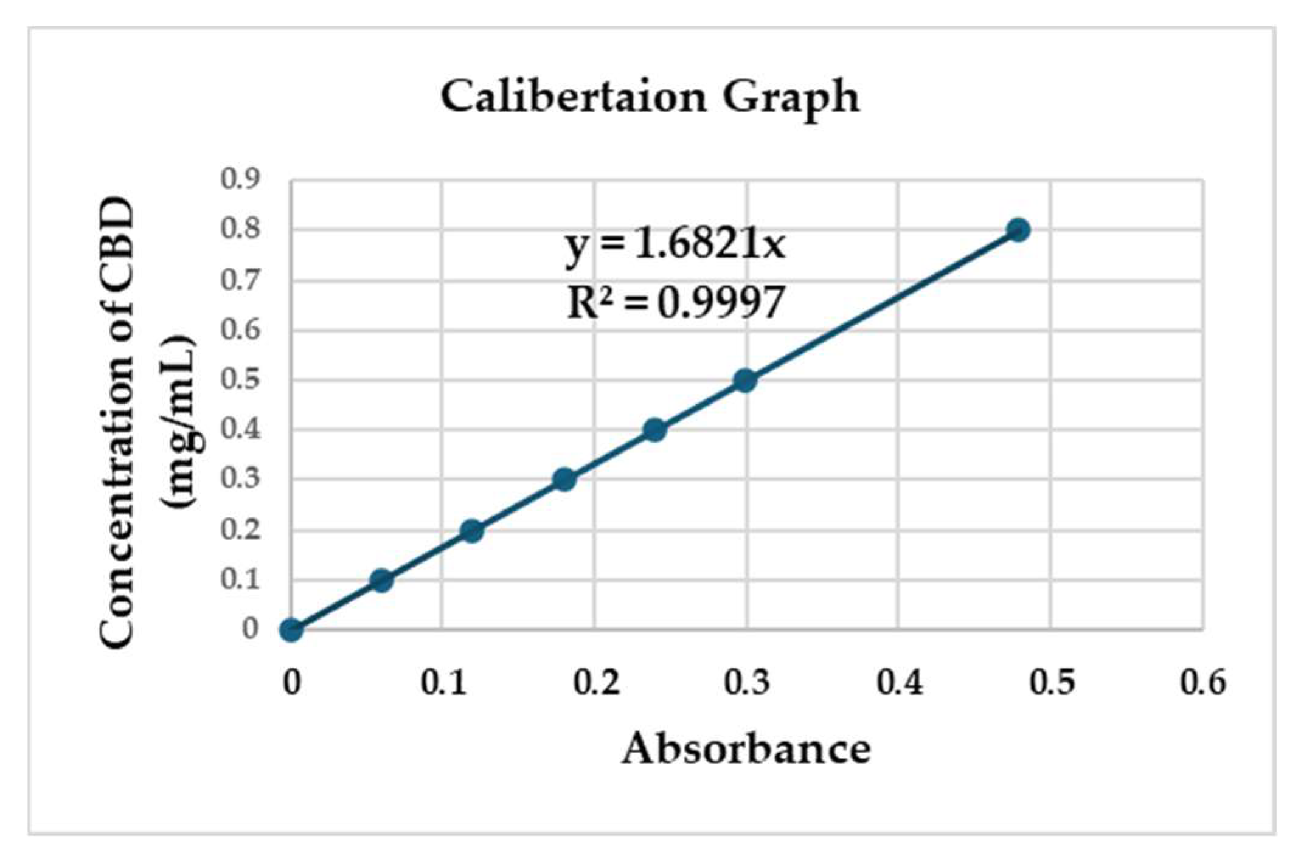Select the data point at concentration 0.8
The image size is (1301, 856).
point(1018,230)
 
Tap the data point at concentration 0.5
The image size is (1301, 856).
point(745,381)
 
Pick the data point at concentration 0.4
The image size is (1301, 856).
point(654,430)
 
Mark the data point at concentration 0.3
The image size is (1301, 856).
point(564,480)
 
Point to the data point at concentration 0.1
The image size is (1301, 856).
point(381,581)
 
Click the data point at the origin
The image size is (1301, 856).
point(291,630)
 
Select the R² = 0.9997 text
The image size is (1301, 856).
point(675,302)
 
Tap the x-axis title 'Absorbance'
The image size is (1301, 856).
point(746,748)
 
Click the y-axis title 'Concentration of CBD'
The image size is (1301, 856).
point(117,423)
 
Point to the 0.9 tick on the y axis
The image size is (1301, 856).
point(240,179)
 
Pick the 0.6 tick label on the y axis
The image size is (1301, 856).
point(240,330)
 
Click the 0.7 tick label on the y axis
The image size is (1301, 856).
point(240,280)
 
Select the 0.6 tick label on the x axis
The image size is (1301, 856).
point(1202,682)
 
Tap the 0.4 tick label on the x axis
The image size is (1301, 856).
point(899,682)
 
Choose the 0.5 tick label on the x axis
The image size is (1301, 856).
point(1051,682)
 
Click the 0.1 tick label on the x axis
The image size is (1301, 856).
point(443,682)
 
